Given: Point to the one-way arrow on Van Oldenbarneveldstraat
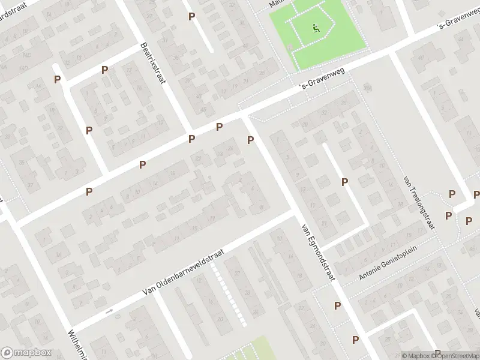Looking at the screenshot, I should point(109,311).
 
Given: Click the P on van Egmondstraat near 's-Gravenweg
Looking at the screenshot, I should point(251,140).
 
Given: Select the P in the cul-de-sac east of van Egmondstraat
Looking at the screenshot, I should point(345,182).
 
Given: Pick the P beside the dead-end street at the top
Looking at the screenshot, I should point(191,17).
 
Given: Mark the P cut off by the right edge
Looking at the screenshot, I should point(476,194).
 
